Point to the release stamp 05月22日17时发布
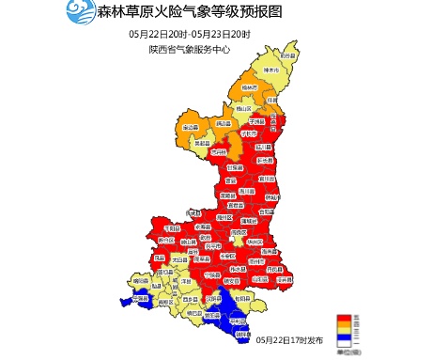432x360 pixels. click(288, 339)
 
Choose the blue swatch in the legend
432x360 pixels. click(346, 335)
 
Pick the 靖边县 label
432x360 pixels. click(223, 123)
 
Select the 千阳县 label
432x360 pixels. click(172, 227)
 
